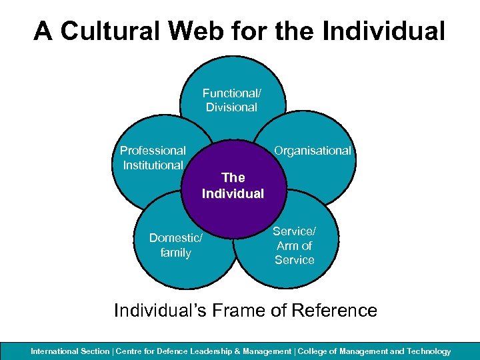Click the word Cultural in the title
pos(113,31)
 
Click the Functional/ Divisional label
pos(231,101)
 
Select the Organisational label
pos(313,151)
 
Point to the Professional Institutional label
pos(153,158)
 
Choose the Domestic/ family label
pos(175,245)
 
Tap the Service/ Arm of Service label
pos(294,245)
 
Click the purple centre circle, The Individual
pos(233,186)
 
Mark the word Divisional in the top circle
pos(231,107)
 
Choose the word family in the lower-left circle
pos(175,253)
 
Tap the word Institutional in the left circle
pos(153,165)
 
